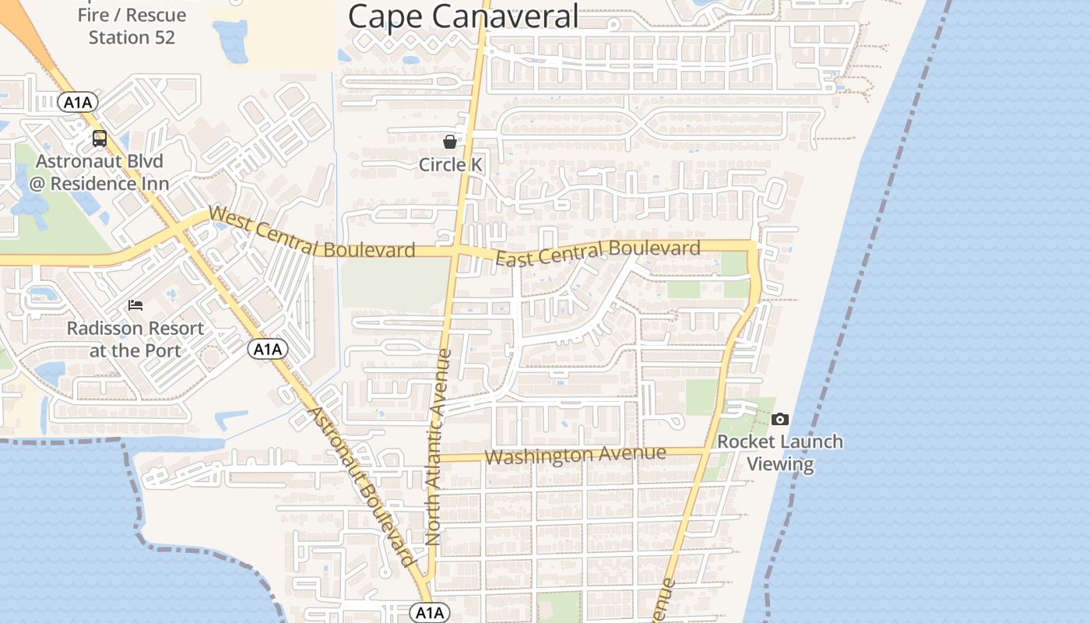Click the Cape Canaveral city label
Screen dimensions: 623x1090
[x=463, y=16]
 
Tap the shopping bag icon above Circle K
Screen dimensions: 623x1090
[x=450, y=142]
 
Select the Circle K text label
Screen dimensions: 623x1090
[x=450, y=164]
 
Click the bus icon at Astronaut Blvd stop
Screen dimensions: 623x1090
[x=100, y=139]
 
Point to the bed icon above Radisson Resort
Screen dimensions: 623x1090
[x=135, y=305]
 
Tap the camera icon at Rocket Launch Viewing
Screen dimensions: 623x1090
[x=779, y=420]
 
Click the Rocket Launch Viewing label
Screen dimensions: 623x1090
[x=779, y=452]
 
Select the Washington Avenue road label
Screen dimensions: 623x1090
[x=575, y=455]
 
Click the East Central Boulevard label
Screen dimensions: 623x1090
[x=597, y=253]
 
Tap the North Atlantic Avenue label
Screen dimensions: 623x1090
[x=439, y=448]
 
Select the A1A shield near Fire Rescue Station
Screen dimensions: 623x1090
[x=78, y=102]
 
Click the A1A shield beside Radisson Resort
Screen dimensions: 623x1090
[x=268, y=349]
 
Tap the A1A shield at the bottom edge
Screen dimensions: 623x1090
[x=430, y=613]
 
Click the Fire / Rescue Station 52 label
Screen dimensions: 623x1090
[x=132, y=26]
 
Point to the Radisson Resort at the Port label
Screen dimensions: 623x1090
[x=135, y=340]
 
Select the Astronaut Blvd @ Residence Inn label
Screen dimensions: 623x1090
[x=100, y=173]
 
